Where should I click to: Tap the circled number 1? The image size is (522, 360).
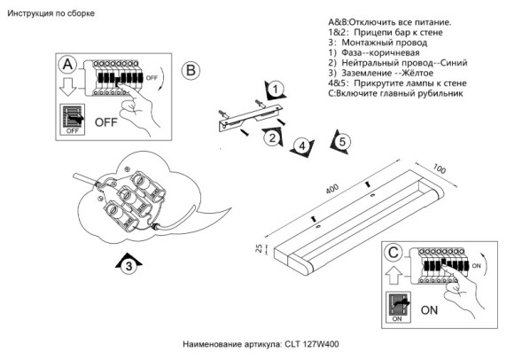(276, 89)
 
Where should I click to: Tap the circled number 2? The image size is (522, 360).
(275, 136)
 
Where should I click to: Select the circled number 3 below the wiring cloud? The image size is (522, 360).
(129, 264)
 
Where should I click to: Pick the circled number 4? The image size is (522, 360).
(302, 145)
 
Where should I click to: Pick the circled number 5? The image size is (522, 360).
(342, 141)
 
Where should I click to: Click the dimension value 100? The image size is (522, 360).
(440, 168)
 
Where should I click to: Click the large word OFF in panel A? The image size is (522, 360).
(106, 120)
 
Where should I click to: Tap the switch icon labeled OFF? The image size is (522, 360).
(73, 119)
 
